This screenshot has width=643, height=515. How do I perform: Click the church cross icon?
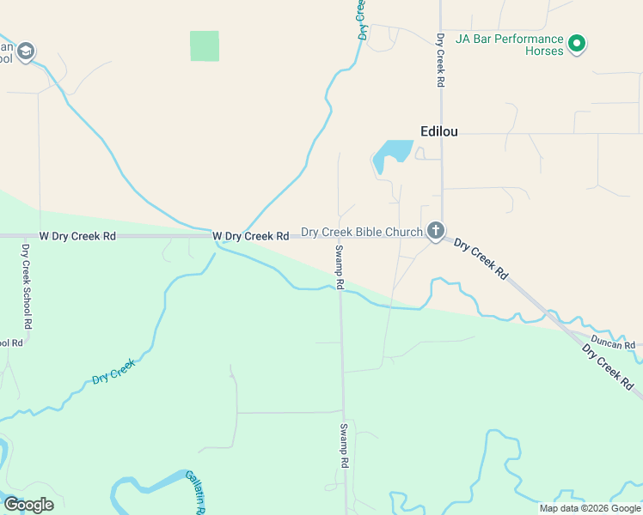(x=436, y=231)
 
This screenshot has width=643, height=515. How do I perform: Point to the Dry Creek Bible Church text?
(x=361, y=232)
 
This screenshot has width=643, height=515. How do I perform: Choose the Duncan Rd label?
(x=612, y=342)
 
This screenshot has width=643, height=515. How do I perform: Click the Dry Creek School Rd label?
(x=28, y=287)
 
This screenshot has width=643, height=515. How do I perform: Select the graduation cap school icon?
(x=26, y=51)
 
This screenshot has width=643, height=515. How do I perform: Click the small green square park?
(x=205, y=46)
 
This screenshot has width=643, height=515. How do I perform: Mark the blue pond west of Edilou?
(x=393, y=153)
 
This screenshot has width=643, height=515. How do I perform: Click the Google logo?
(x=28, y=505)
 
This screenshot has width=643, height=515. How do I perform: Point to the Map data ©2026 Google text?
(x=590, y=508)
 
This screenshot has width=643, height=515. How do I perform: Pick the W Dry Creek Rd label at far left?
(x=77, y=235)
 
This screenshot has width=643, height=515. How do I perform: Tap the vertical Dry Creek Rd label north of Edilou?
(x=440, y=60)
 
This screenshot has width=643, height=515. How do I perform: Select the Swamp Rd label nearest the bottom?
(x=343, y=445)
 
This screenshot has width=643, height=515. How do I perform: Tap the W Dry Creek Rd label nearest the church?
(x=250, y=235)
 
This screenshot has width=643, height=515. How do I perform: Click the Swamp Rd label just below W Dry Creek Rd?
(x=340, y=266)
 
